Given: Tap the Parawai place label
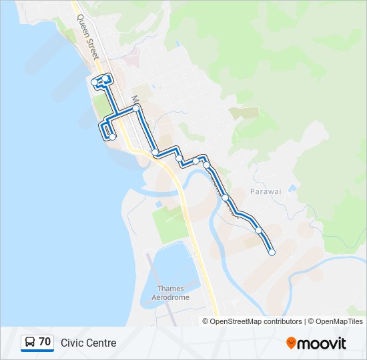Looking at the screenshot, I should (266, 191).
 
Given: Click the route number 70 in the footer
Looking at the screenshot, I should (45, 342).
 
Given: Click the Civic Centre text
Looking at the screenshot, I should (88, 343).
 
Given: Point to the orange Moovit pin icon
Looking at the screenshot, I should (291, 343).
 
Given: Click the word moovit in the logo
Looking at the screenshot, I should (322, 343).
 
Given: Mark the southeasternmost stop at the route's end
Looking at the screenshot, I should (272, 252).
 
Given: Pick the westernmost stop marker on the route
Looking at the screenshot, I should (93, 82).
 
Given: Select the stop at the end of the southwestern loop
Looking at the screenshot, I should (112, 137).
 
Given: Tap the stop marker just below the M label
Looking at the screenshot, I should (136, 107).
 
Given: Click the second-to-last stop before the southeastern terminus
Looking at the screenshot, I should (258, 230).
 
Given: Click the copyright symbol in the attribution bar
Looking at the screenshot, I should (206, 321).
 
